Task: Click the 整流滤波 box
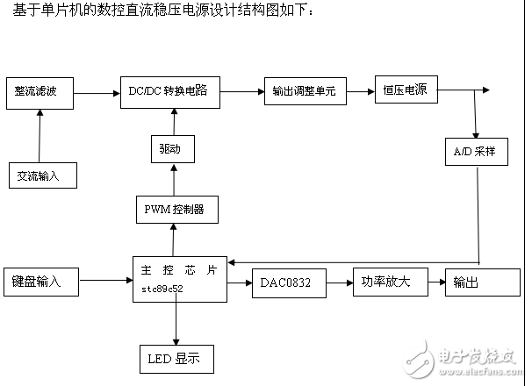(x=40, y=90)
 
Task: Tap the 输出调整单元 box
(x=305, y=91)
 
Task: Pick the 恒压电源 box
(x=406, y=89)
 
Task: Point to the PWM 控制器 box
(x=174, y=209)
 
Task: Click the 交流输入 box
(x=40, y=175)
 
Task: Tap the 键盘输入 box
(x=40, y=282)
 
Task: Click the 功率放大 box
(x=387, y=282)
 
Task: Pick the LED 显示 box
(x=176, y=359)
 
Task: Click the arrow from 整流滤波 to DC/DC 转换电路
(x=96, y=90)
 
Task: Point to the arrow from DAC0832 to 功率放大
(x=339, y=282)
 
